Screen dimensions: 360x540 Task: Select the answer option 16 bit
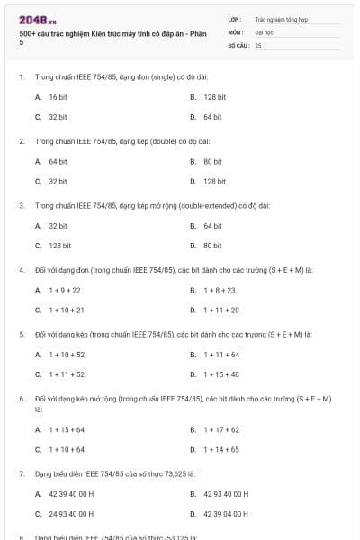(58, 96)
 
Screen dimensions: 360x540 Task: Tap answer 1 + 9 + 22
(64, 290)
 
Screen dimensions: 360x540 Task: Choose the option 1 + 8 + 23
(219, 290)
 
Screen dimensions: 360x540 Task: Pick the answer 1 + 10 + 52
(66, 355)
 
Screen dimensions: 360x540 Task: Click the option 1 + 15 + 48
(220, 374)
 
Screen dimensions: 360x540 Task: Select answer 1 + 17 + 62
(220, 429)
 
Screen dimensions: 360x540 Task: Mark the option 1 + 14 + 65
(220, 449)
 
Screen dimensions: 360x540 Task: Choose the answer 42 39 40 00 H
(71, 494)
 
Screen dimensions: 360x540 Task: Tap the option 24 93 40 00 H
(71, 514)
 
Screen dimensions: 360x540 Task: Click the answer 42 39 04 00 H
(226, 514)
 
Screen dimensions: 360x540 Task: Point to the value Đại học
(264, 31)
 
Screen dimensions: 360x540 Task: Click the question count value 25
(258, 44)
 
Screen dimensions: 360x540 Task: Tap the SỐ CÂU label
(238, 44)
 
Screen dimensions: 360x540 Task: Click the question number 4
(21, 270)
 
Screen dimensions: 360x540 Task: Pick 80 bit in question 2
(212, 161)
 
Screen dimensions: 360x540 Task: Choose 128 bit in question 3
(60, 245)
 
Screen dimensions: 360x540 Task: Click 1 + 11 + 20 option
(220, 310)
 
